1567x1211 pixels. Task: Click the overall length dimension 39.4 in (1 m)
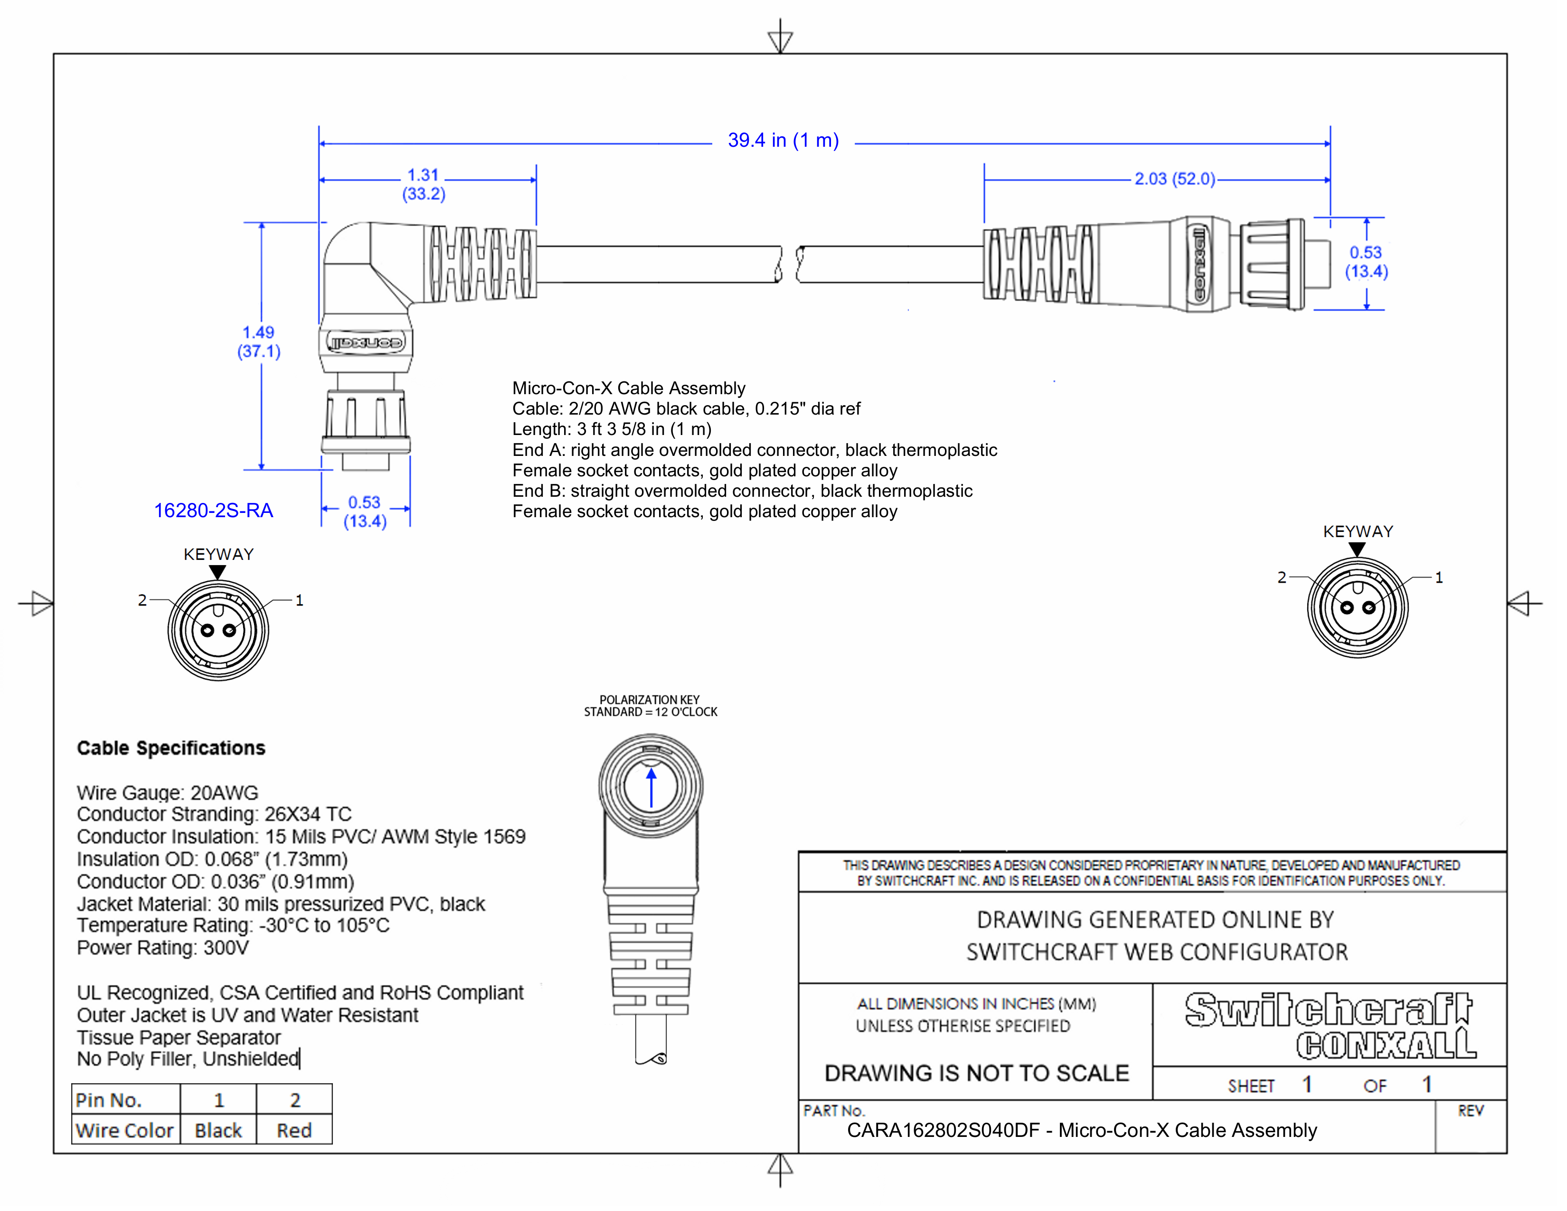pyautogui.click(x=783, y=141)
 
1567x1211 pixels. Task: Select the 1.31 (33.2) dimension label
pyautogui.click(x=423, y=184)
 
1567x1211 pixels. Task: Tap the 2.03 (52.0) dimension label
pyautogui.click(x=1174, y=179)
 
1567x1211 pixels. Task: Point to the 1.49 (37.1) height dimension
pyautogui.click(x=258, y=341)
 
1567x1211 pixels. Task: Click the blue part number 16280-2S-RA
pyautogui.click(x=213, y=511)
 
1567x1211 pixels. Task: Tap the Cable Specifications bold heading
pyautogui.click(x=171, y=748)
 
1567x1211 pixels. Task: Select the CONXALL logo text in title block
pyautogui.click(x=1386, y=1046)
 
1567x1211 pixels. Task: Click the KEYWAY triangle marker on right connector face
pyautogui.click(x=1357, y=549)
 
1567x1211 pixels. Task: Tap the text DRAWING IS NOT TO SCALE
pyautogui.click(x=976, y=1073)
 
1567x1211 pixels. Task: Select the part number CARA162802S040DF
pyautogui.click(x=943, y=1131)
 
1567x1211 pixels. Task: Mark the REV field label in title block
pyautogui.click(x=1470, y=1111)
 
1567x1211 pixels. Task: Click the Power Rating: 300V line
pyautogui.click(x=163, y=948)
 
